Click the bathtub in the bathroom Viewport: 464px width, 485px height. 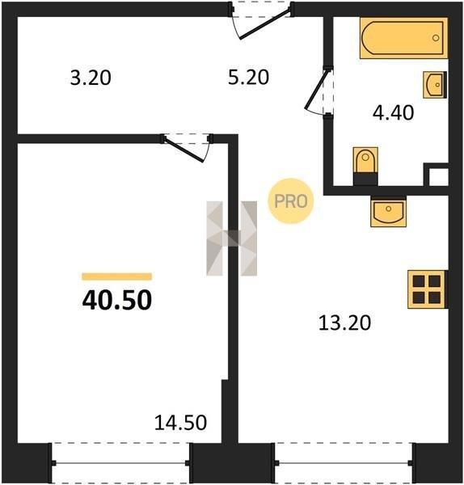coord(403,38)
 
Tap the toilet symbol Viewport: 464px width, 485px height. coord(365,167)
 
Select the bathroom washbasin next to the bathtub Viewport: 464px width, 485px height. coord(435,85)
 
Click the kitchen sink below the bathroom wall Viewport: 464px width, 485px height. coord(389,211)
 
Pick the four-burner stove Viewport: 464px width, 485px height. coord(428,289)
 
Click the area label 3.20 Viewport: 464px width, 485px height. coord(91,78)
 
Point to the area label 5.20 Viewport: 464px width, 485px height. coord(248,78)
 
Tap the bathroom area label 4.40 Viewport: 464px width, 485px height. coord(393,112)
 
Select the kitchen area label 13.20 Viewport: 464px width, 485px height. coord(344,323)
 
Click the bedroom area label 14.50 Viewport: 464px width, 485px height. coord(180,423)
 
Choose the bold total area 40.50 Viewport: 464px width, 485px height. coord(117,300)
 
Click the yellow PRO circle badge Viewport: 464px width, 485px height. coord(291,201)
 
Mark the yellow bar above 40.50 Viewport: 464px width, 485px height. coord(117,276)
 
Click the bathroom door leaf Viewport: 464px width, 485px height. coord(316,89)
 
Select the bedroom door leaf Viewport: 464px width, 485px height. coord(183,150)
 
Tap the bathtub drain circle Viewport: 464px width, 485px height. coord(436,38)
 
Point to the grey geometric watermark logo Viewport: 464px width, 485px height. coord(232,238)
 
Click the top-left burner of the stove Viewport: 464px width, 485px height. coord(419,281)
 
